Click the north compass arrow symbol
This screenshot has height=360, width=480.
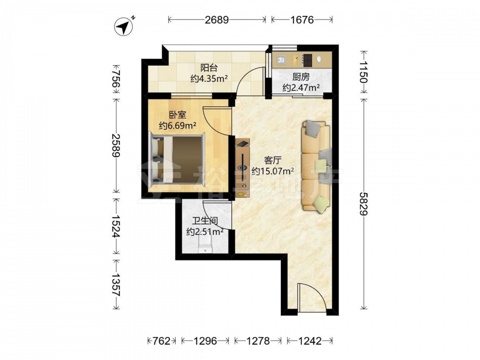pos(124,27)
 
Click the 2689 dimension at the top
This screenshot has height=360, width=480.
pos(217,20)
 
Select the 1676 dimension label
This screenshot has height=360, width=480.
pos(302,20)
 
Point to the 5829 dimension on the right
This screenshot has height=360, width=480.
pos(363,204)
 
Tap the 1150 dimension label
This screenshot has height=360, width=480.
pos(363,72)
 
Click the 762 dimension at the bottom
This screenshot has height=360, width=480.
pos(161,341)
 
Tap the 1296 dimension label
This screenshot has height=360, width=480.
pos(205,341)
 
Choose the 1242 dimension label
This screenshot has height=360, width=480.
pos(310,341)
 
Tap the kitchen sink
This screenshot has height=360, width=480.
pos(281,60)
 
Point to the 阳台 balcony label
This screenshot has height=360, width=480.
pos(209,68)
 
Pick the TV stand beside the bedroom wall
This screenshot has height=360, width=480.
pos(243,168)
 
